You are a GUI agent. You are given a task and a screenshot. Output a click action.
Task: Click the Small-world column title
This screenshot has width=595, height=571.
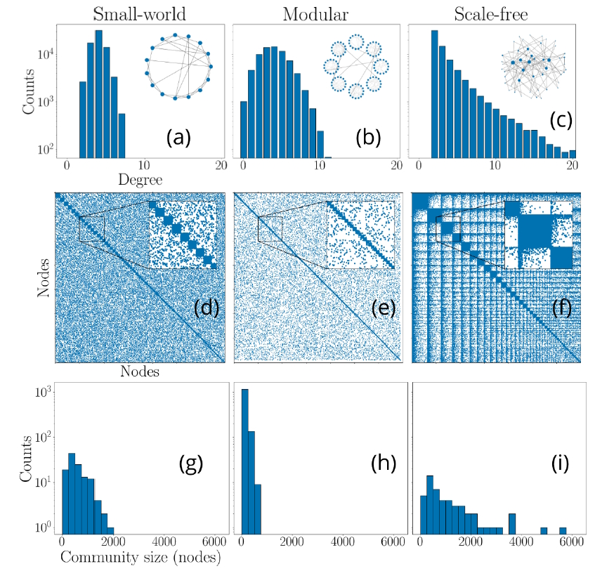pos(140,15)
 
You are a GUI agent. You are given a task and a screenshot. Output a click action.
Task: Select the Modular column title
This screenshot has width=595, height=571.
pos(315,15)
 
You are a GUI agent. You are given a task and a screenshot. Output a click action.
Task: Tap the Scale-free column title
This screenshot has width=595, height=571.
pos(491,15)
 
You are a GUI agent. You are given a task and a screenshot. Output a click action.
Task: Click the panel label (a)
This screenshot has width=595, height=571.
pos(178,138)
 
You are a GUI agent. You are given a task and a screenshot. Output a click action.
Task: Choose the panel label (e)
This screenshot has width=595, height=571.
pos(384,308)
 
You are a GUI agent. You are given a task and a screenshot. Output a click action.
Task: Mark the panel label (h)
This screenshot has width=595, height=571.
pos(384,463)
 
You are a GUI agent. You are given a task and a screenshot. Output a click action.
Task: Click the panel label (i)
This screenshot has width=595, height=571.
pos(560,463)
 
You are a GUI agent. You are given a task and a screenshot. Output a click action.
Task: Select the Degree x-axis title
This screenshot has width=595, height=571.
pos(140,180)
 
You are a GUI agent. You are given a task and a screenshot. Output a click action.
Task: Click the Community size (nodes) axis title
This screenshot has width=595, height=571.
pos(140,558)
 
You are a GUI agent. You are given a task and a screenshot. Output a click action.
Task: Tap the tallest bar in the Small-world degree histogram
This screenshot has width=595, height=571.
pos(98,94)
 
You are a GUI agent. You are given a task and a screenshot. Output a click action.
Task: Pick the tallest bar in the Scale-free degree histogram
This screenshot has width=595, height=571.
pos(435,94)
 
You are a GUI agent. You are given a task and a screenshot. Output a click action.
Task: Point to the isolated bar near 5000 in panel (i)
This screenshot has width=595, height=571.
pos(544,530)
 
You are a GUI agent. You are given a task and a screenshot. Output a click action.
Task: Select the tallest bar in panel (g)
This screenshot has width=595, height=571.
pos(72,493)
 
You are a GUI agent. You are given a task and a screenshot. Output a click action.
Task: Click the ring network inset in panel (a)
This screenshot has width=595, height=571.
pos(178,67)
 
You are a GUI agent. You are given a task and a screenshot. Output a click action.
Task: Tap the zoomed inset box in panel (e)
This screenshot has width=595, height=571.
pos(360,235)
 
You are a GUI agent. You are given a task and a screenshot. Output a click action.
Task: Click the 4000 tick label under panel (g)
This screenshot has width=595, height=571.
pos(164,541)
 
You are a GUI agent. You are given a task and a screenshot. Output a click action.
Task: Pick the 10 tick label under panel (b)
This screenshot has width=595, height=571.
pos(320,165)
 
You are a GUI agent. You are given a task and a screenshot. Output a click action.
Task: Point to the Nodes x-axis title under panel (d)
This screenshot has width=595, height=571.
pos(140,371)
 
